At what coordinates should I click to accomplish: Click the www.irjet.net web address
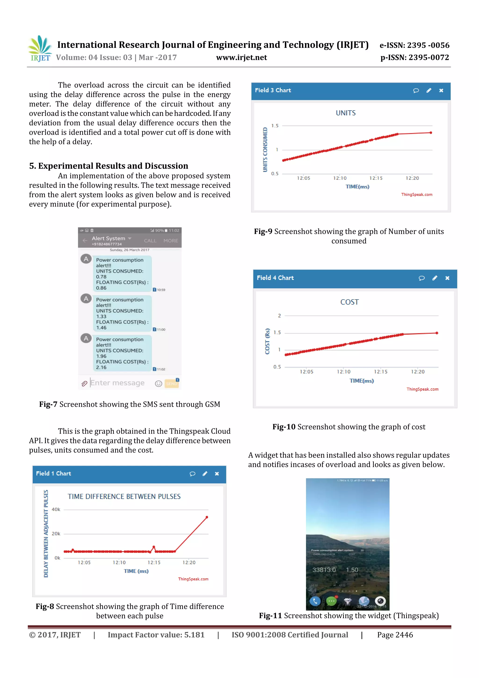pos(241,58)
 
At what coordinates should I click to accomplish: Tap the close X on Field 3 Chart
pos(441,91)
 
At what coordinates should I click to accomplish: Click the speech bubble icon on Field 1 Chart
pos(192,474)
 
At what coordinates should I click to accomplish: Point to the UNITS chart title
pos(346,113)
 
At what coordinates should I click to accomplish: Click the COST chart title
pos(349,302)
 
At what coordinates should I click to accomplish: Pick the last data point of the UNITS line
pos(431,133)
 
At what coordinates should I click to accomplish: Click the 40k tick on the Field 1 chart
pos(56,509)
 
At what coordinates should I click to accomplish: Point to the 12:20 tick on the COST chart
pos(418,372)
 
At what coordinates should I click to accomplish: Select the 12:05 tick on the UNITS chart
pos(303,178)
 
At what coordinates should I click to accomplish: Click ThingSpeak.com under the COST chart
pos(422,389)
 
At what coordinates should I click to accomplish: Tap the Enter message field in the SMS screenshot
pos(117,383)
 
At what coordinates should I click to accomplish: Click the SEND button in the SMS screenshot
pos(171,384)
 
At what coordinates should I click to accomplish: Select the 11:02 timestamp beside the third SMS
pos(161,369)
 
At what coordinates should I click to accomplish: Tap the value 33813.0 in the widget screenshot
pos(324,570)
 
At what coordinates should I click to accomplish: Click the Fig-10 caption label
pos(284,427)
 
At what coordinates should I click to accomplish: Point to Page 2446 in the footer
pos(395,635)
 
